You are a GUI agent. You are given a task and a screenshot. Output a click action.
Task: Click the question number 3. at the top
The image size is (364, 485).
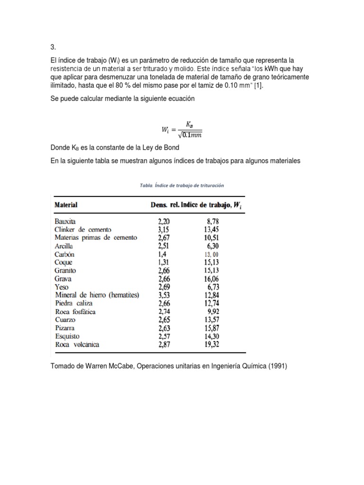point(53,48)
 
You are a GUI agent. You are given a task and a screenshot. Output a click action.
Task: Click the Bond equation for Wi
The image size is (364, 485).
point(182,128)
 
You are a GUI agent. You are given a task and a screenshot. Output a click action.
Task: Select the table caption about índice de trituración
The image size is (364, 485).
point(182,186)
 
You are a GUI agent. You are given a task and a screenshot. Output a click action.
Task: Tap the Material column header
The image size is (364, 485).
point(66,205)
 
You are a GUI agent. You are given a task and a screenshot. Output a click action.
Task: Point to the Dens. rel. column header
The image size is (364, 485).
point(159,205)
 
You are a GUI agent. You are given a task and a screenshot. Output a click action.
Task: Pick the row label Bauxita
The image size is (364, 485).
point(65,221)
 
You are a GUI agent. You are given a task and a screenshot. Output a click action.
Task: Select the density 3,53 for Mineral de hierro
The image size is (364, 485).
point(166,295)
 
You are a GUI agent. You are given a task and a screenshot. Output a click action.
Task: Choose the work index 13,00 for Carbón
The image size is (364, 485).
point(211,254)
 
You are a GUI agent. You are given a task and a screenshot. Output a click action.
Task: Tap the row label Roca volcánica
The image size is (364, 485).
point(77,344)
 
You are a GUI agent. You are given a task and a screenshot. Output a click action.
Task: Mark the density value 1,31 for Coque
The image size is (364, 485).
point(166,262)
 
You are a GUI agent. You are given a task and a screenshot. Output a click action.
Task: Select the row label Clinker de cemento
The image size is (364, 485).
point(83,230)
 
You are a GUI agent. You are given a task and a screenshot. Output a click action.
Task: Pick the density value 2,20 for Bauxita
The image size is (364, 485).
point(166,221)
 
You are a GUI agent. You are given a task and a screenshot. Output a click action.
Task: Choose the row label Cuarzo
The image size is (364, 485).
point(64,320)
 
